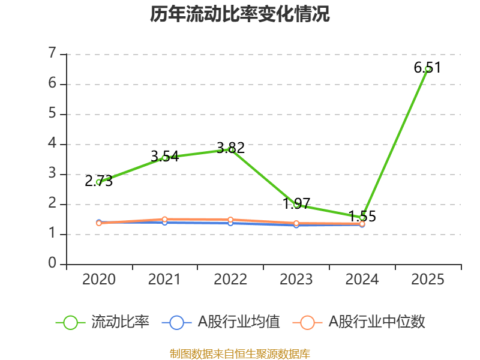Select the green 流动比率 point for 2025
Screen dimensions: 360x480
428,69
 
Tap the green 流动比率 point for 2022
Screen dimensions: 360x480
231,149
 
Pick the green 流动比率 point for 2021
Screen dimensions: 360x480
164,158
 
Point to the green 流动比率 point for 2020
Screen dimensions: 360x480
99,182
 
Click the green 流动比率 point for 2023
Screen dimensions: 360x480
296,205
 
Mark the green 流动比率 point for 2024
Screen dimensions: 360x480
362,218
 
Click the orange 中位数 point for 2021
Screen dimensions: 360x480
164,220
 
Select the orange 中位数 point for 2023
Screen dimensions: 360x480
296,223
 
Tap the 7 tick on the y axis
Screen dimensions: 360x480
52,54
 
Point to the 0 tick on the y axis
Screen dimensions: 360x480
52,263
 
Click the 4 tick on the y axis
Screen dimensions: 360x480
52,144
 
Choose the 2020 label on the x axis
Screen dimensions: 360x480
99,280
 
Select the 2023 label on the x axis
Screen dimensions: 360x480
296,280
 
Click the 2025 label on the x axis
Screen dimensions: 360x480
428,280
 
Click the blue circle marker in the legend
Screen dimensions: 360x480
176,322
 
